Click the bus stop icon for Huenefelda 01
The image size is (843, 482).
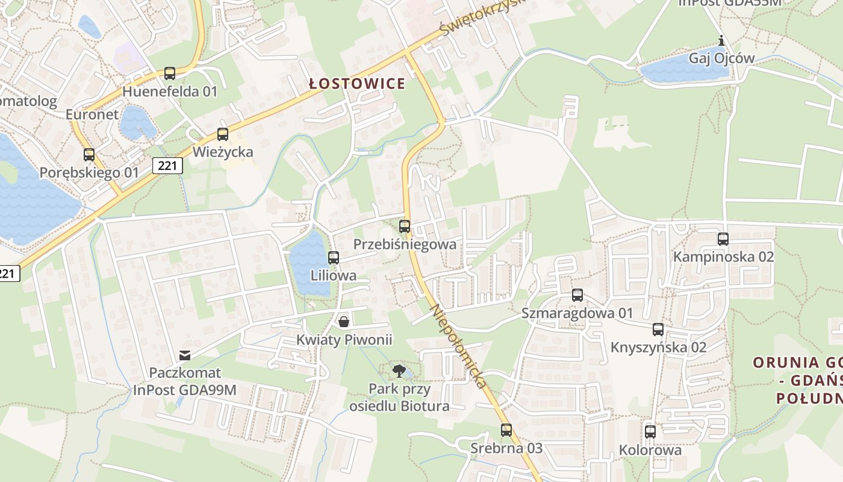170,74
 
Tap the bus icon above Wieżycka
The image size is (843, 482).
223,134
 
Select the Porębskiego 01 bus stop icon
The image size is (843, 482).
89,155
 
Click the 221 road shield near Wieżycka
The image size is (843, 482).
167,165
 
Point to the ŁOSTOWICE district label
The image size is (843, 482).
357,84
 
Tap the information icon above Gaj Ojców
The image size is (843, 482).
721,41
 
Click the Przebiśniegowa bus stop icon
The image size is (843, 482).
405,227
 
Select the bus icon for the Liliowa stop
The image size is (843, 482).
334,258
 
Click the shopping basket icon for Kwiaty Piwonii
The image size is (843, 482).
344,322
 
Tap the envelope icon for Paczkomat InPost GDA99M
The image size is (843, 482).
185,355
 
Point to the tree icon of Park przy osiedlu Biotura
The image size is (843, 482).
399,371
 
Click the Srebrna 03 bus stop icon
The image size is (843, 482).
506,430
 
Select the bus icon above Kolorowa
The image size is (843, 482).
650,432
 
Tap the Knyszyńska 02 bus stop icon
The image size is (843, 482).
658,330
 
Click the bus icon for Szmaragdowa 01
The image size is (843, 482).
577,295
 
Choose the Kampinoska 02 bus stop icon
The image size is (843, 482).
723,239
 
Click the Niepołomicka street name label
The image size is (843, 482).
458,346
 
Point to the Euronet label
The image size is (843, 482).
92,114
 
